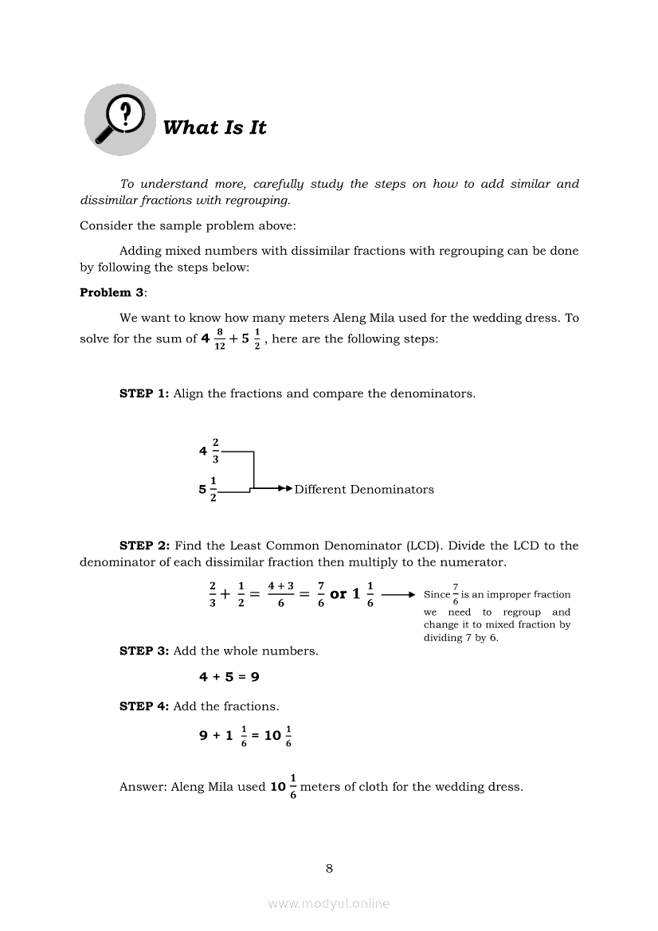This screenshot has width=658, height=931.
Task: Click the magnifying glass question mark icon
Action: (119, 121)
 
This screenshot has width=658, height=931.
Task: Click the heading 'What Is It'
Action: (214, 127)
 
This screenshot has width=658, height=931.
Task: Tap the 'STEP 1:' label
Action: (144, 393)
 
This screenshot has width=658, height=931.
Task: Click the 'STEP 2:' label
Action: (144, 546)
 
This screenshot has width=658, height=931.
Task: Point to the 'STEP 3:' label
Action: (144, 651)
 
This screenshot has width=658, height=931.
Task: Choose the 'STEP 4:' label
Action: (144, 706)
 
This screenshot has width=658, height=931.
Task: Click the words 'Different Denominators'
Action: (364, 490)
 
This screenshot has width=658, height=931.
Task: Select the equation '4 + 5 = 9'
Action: (229, 677)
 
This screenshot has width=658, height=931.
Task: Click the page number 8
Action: (329, 868)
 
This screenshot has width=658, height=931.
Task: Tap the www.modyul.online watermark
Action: (329, 903)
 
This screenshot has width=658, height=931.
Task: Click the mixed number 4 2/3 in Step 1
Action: (210, 451)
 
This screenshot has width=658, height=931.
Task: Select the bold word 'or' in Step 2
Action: (338, 594)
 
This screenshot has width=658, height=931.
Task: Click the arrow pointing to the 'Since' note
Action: (398, 595)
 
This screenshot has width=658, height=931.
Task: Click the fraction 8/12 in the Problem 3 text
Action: (219, 338)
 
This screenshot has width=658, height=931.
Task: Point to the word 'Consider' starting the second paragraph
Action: (105, 225)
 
